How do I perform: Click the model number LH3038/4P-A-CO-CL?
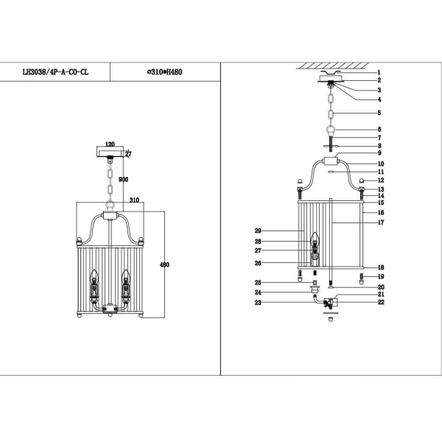pos(57,72)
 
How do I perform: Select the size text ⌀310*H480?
pos(166,72)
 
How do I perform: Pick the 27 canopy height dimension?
pos(128,155)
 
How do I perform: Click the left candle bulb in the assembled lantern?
pos(94,278)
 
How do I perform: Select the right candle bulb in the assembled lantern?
pos(125,278)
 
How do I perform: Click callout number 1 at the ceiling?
pos(379,72)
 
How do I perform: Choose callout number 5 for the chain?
pos(379,113)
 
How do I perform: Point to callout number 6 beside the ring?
pos(379,129)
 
